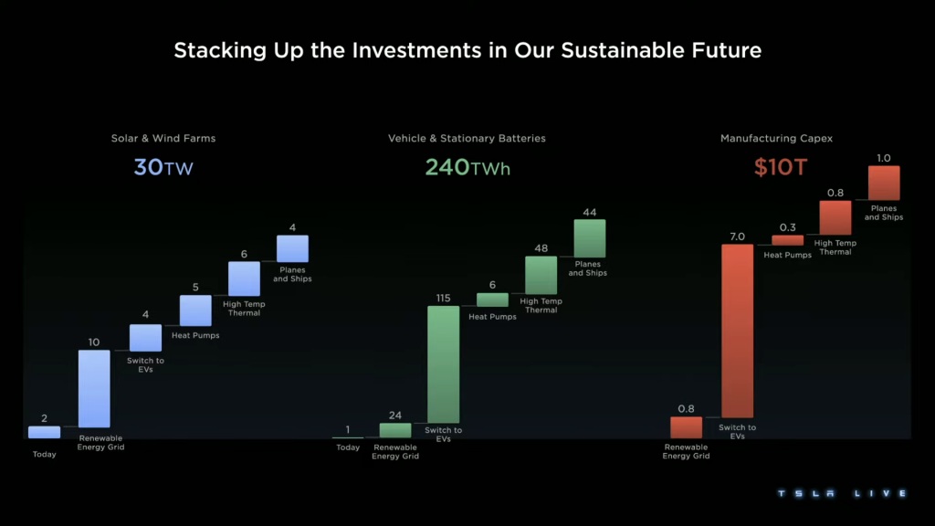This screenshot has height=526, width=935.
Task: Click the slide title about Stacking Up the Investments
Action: point(467,50)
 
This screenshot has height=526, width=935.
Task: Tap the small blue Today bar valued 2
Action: point(44,432)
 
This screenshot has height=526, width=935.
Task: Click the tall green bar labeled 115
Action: point(444,363)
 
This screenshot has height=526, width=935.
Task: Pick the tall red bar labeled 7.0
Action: point(738,331)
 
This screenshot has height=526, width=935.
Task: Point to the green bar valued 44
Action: point(590,238)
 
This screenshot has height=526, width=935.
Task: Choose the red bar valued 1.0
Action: point(884,183)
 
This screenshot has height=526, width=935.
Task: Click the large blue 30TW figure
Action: point(163,168)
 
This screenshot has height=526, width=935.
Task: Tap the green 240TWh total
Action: point(467,168)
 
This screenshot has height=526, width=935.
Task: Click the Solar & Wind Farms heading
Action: point(163,139)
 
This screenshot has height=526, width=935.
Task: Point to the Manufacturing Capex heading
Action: point(776,139)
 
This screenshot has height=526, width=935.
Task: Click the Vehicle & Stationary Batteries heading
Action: point(467,139)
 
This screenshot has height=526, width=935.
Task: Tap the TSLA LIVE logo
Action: point(841,494)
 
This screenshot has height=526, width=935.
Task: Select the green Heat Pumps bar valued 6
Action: point(492,300)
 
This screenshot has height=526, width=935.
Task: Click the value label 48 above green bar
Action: point(541,247)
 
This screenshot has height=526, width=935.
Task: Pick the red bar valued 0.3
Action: point(787,240)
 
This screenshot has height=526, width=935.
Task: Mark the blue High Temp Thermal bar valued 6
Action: point(244,279)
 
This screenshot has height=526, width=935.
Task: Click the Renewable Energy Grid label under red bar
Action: point(686,452)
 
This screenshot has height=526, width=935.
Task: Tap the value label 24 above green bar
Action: point(395,415)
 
